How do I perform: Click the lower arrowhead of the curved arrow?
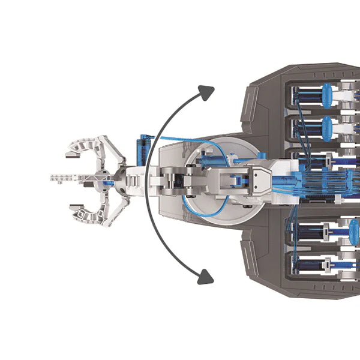pos(206,275)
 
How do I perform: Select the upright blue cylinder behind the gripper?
pos(143,148)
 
